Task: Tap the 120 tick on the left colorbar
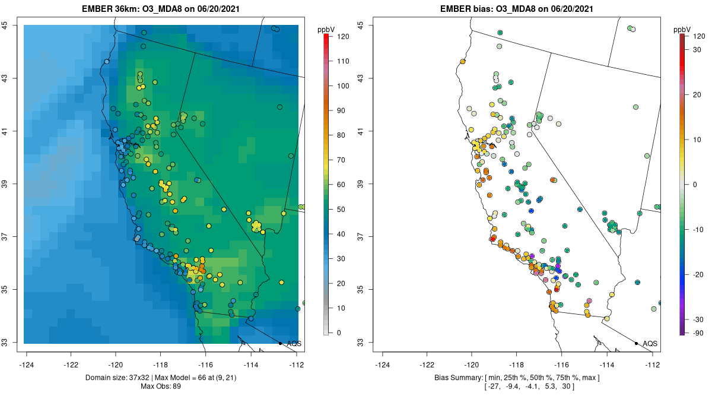[343, 36]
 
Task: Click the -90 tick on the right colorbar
[698, 332]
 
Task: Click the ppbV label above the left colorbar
[326, 29]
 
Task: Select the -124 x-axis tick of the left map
[27, 364]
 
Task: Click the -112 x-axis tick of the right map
[653, 364]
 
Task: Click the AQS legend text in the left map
[294, 343]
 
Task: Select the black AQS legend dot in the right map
[636, 343]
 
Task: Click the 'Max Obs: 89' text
[161, 387]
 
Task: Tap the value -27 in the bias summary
[493, 387]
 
